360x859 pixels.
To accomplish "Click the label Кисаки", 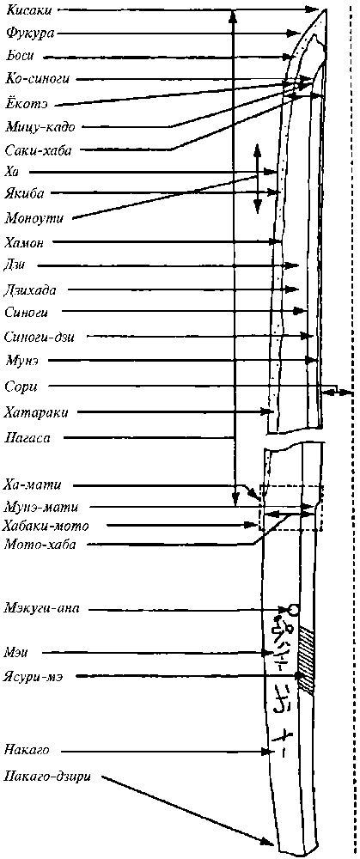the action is (x=28, y=9).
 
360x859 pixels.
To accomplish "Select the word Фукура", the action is (x=29, y=33).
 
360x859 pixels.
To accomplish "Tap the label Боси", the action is (x=21, y=56).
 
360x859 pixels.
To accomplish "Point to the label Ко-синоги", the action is (x=38, y=79).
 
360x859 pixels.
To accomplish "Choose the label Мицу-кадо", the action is (x=40, y=126).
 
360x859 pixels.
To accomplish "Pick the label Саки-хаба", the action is (x=38, y=149).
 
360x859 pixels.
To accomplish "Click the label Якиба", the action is (x=24, y=192).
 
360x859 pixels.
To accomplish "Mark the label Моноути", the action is (x=34, y=218).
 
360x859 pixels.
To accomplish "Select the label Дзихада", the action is (x=30, y=289).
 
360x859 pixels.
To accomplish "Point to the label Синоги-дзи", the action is (x=39, y=336).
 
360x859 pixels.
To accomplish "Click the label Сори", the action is (x=21, y=386).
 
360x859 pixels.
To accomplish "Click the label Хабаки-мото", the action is (x=46, y=526).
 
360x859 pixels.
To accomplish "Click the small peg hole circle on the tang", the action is (x=293, y=609).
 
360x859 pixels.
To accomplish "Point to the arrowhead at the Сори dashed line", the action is (x=345, y=392).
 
